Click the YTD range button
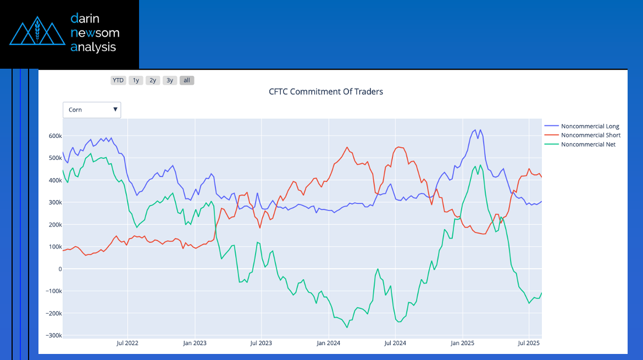coord(118,80)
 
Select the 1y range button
coord(136,80)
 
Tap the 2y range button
coord(153,80)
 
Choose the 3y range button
coord(170,80)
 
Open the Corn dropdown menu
coord(92,110)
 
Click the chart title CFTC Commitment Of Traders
coord(326,92)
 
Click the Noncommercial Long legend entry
coord(590,126)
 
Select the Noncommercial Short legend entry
coord(590,135)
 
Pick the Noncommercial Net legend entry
coord(588,145)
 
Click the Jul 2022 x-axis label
coord(128,344)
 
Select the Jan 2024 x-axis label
coord(329,344)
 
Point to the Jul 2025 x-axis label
coord(529,344)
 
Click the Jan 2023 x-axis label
coord(195,344)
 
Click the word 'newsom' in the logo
coord(95,33)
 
